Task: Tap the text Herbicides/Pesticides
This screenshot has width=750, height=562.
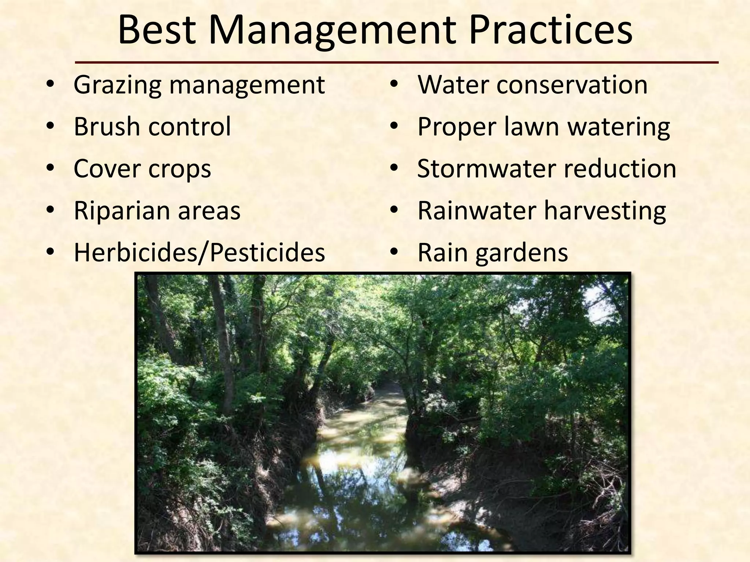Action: [x=199, y=252]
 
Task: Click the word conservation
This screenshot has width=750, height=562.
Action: [x=572, y=85]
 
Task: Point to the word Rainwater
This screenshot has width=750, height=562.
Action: [x=476, y=211]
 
